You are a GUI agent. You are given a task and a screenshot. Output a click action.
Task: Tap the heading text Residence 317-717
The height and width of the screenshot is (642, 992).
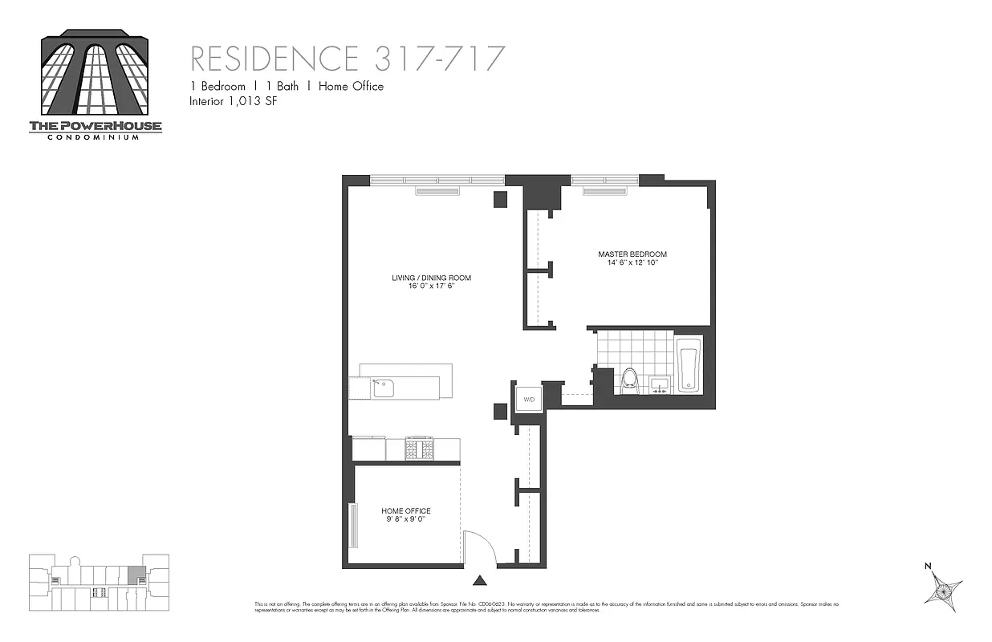tap(348, 59)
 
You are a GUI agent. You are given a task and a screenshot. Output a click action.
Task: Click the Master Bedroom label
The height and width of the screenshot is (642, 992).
tap(632, 254)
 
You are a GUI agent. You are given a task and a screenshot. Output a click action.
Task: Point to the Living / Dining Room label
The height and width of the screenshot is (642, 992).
tap(431, 278)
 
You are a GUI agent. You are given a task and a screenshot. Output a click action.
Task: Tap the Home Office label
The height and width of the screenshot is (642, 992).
tap(405, 511)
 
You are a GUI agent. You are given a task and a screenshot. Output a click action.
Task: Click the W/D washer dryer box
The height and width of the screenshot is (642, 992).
tap(529, 399)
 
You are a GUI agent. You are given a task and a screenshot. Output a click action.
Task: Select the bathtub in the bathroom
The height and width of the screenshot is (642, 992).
tap(689, 365)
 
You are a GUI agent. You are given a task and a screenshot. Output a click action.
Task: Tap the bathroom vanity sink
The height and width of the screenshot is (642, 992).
tap(661, 384)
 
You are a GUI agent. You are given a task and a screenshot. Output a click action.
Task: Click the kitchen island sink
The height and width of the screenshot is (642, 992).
tap(384, 388)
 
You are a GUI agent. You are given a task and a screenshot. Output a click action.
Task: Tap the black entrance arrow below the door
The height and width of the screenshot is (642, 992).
tap(480, 580)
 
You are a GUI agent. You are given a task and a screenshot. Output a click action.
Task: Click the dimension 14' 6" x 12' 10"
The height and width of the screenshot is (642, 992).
tap(632, 263)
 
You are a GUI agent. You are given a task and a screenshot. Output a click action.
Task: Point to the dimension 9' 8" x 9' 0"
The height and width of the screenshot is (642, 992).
tap(405, 520)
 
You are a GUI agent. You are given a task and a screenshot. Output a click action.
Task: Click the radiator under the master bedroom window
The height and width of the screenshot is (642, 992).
tap(604, 191)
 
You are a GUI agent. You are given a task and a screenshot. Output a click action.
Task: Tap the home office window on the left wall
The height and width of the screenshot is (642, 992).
tap(352, 525)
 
